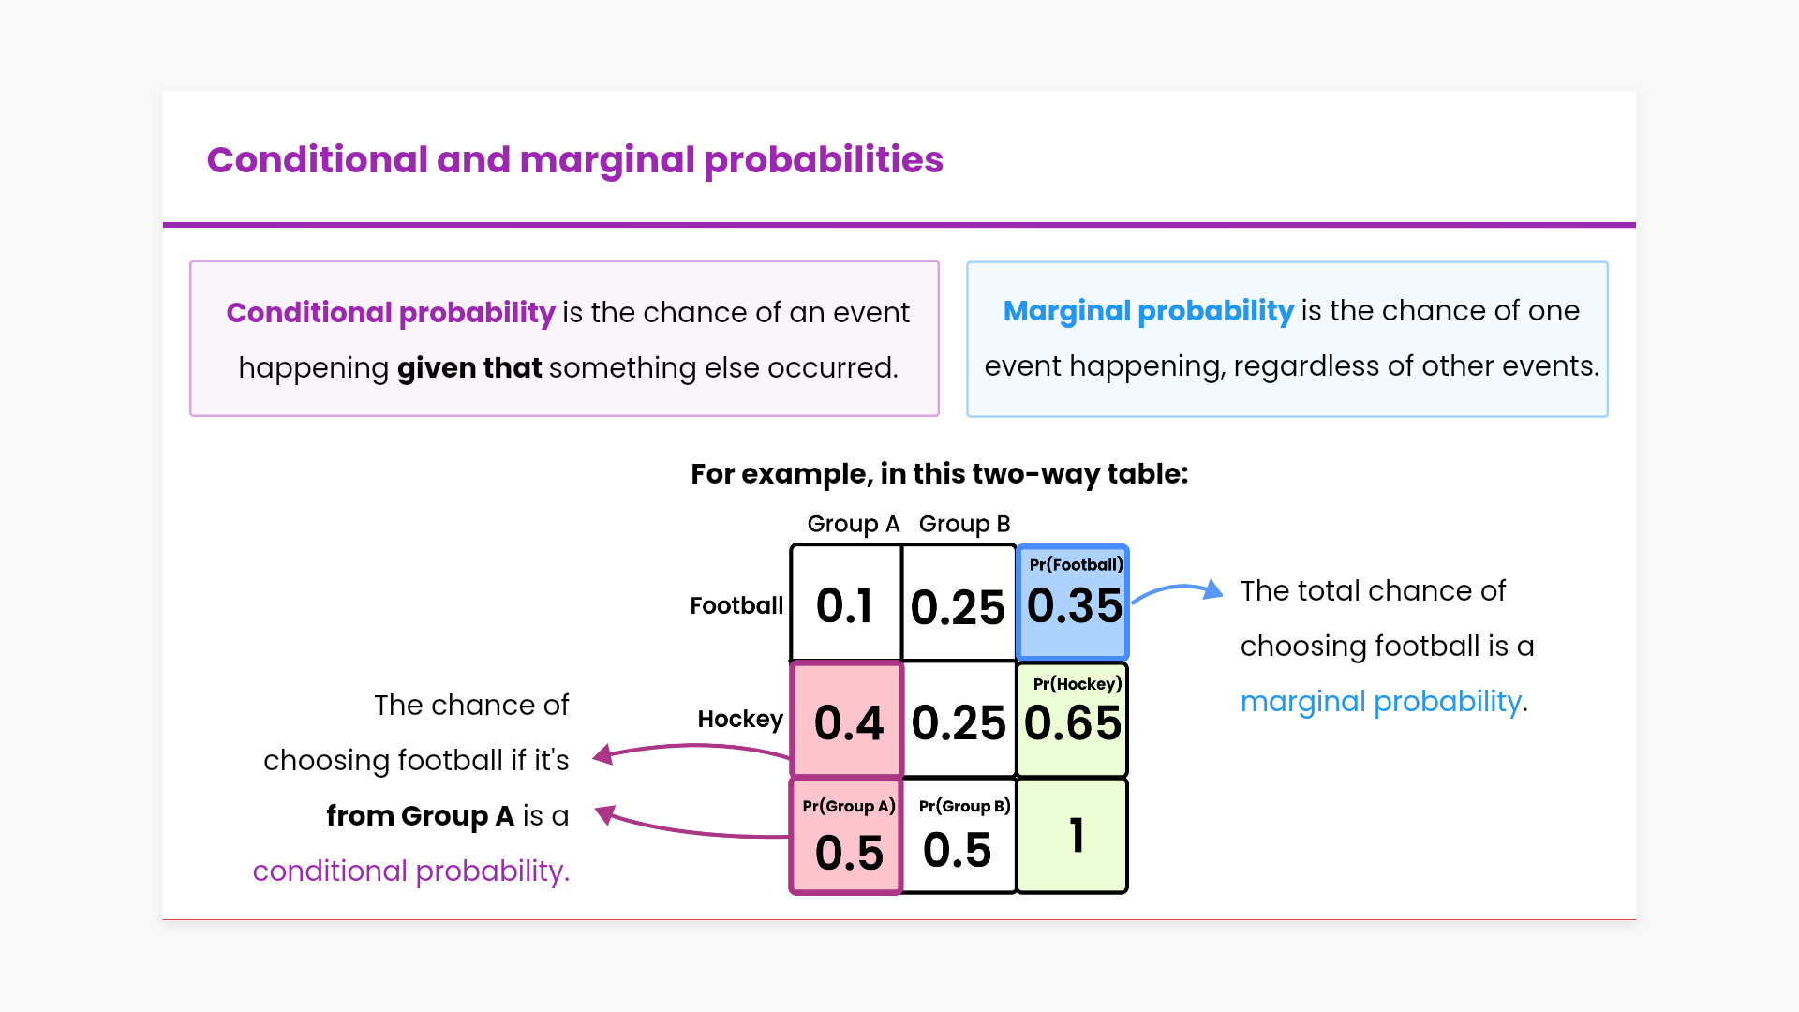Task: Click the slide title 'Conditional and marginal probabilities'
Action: coord(574,160)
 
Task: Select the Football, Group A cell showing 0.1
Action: coord(846,603)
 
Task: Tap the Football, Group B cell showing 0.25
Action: coord(959,603)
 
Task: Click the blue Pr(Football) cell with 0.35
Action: coord(1073,603)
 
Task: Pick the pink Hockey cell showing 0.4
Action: coord(847,719)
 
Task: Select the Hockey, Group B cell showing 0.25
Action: coord(959,719)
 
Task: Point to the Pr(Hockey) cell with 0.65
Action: coord(1073,719)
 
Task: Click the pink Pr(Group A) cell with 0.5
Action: coord(847,835)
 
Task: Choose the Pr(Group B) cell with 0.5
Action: coord(959,835)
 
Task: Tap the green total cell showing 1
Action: coord(1073,835)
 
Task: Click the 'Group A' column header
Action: coord(854,524)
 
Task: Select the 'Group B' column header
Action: coord(964,524)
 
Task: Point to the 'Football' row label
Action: coord(736,605)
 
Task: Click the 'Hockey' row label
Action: coord(740,719)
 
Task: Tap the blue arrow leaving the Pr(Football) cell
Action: coord(1176,589)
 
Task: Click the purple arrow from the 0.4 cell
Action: coord(693,747)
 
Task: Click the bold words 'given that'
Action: coord(469,368)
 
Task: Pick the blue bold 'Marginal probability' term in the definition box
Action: coord(1149,311)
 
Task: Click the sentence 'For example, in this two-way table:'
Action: coord(940,474)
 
